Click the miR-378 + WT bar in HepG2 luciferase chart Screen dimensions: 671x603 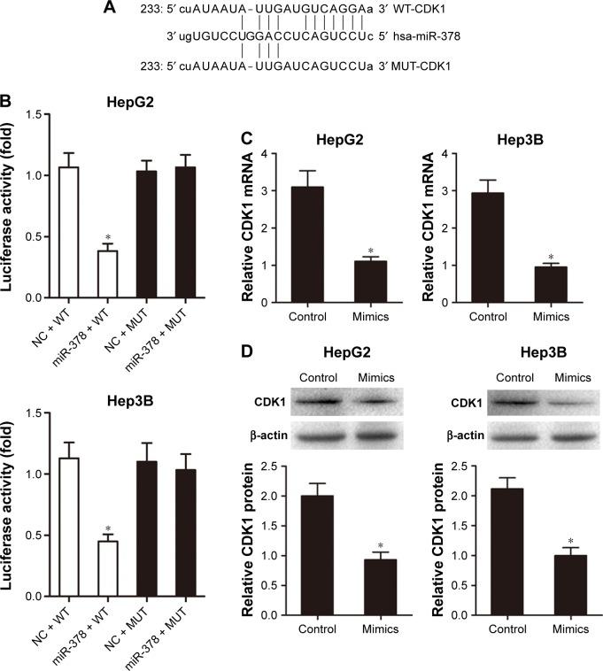click(108, 274)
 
